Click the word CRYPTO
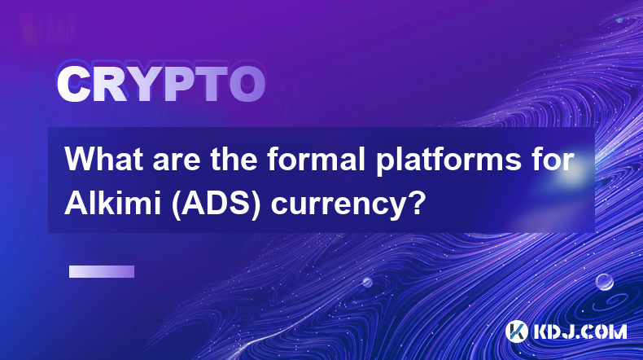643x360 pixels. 161,85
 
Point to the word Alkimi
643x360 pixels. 112,203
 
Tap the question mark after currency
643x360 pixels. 414,203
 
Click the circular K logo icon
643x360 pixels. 516,331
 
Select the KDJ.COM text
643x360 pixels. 580,331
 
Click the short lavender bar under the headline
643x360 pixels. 102,271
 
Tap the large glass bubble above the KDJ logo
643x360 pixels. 604,282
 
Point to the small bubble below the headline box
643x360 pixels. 366,282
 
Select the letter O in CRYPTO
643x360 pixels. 247,85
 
